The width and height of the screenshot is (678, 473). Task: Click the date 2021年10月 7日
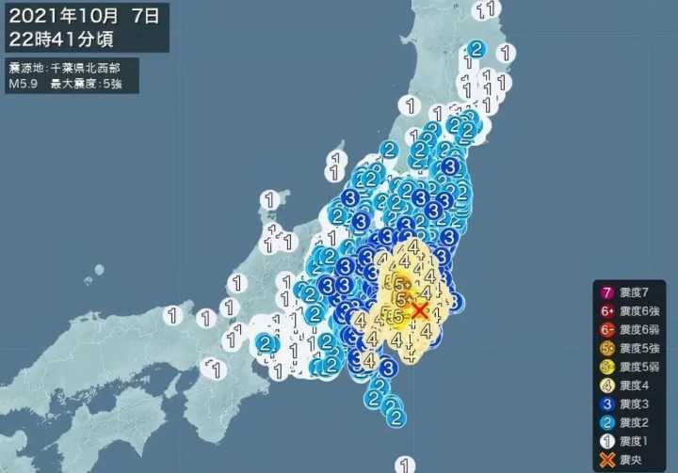pyautogui.click(x=85, y=17)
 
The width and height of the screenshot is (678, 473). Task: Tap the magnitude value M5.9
pyautogui.click(x=25, y=84)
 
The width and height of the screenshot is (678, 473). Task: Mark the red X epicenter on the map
pyautogui.click(x=419, y=309)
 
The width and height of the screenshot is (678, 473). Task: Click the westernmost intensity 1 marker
pyautogui.click(x=172, y=315)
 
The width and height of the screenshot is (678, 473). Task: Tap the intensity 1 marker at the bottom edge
pyautogui.click(x=405, y=463)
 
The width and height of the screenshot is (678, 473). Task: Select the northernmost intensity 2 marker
pyautogui.click(x=476, y=49)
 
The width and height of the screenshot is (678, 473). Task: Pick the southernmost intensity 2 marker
pyautogui.click(x=396, y=416)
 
